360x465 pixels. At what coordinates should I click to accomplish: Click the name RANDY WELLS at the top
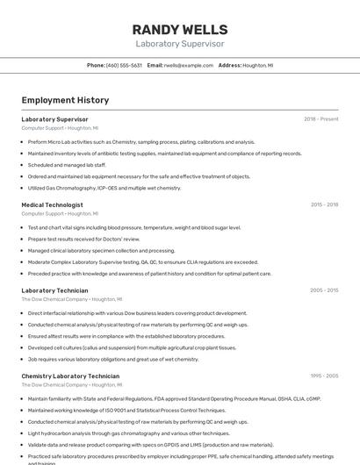pos(179,30)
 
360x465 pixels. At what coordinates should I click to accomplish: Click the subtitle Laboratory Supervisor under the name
pos(179,43)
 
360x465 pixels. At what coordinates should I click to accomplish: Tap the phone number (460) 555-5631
pos(124,65)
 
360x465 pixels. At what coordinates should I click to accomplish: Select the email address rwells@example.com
pos(188,65)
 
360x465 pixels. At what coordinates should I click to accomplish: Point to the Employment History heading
pos(65,101)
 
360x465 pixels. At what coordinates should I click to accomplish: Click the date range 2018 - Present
pos(320,118)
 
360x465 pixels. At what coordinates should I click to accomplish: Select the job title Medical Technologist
pos(52,204)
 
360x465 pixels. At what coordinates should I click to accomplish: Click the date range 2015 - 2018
pos(324,204)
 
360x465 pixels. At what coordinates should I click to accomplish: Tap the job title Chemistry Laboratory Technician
pos(70,376)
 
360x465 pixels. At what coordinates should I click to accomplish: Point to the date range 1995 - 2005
pos(324,376)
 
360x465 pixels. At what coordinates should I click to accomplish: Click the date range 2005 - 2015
pos(324,290)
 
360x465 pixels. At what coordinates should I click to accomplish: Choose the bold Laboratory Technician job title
pos(54,290)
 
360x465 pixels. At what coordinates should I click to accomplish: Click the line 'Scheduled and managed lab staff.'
pos(67,164)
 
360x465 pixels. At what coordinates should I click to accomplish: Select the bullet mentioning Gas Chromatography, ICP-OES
pos(104,188)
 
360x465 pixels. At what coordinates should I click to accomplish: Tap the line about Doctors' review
pos(83,239)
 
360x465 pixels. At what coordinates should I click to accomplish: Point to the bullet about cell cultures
pos(132,347)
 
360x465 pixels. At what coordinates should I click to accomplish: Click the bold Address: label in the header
pos(229,65)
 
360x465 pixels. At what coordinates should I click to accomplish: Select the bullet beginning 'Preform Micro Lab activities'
pos(141,141)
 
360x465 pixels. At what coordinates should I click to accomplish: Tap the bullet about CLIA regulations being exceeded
pos(143,261)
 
